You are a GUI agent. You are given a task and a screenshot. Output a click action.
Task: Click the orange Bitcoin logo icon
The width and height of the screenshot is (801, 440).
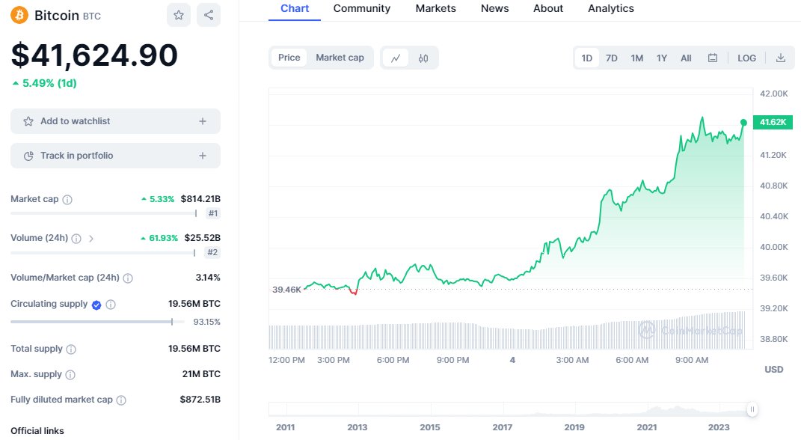tap(19, 15)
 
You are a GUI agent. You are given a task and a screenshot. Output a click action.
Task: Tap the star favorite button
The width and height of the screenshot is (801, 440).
tap(179, 15)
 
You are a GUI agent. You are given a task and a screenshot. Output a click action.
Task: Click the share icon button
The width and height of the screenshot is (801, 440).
tap(209, 15)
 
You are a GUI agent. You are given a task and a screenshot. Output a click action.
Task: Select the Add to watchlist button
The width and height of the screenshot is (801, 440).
tap(115, 121)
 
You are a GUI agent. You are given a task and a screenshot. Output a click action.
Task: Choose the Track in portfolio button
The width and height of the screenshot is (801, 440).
tap(115, 156)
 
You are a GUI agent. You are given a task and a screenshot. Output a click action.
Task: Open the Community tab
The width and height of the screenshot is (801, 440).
tap(362, 8)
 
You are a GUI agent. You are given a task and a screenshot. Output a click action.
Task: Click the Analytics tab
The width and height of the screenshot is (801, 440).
tap(610, 8)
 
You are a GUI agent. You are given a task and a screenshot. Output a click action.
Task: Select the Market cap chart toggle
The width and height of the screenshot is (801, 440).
tap(340, 58)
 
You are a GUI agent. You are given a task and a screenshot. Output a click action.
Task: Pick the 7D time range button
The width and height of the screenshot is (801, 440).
tap(611, 58)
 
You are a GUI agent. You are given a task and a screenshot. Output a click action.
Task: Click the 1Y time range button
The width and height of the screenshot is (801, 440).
tap(662, 58)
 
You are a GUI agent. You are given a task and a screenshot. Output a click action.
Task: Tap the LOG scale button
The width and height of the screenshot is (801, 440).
tap(746, 58)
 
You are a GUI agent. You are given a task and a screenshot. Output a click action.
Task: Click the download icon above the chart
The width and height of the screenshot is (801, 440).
tap(780, 58)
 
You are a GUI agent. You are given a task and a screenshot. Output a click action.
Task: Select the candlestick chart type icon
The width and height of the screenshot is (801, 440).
tap(423, 58)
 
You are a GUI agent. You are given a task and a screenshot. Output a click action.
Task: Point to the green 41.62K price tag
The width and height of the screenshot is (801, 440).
tap(773, 122)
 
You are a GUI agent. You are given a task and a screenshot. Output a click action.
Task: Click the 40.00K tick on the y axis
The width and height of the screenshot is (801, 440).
tap(774, 247)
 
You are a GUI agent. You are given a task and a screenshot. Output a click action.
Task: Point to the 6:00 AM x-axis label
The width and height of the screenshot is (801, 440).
tap(632, 360)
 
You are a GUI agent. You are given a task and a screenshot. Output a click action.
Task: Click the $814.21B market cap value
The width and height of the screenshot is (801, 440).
tap(200, 199)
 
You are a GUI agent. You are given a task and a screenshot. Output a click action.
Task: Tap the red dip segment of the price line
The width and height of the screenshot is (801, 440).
tap(354, 292)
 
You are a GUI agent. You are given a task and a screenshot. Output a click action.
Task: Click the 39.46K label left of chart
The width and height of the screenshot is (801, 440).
tap(286, 289)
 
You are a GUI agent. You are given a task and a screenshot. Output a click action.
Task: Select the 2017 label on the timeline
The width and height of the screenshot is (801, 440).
tap(503, 427)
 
